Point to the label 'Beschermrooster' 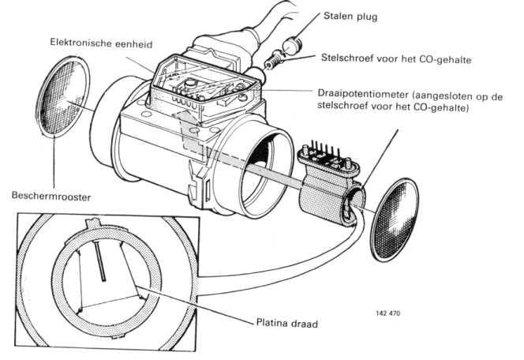point(45,192)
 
